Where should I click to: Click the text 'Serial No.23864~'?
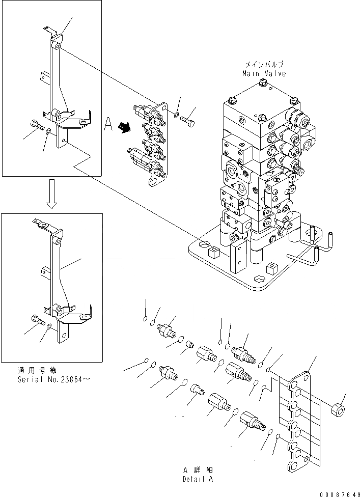(x=52, y=379)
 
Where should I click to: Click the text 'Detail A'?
(x=198, y=480)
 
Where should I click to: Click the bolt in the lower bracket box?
(x=36, y=320)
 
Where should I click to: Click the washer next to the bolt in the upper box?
(x=47, y=132)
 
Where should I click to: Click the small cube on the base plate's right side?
(x=274, y=267)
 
